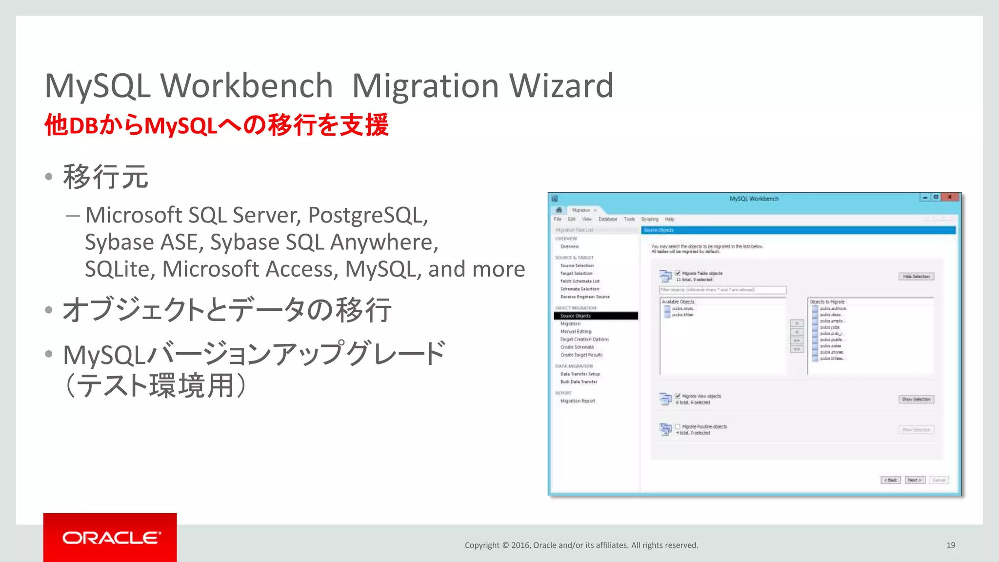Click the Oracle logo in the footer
111,538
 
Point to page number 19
951,545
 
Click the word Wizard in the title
561,86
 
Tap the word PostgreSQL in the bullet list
368,215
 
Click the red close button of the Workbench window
950,197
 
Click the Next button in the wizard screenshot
914,480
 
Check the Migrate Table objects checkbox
678,273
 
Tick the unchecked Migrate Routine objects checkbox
678,426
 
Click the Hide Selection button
916,277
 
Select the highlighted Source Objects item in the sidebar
576,316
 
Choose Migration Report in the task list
578,401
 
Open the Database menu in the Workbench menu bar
608,220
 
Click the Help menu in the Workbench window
669,220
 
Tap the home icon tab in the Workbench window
559,210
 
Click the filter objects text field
722,290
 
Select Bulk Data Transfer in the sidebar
579,382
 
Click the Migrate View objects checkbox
678,396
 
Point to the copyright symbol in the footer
505,545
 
